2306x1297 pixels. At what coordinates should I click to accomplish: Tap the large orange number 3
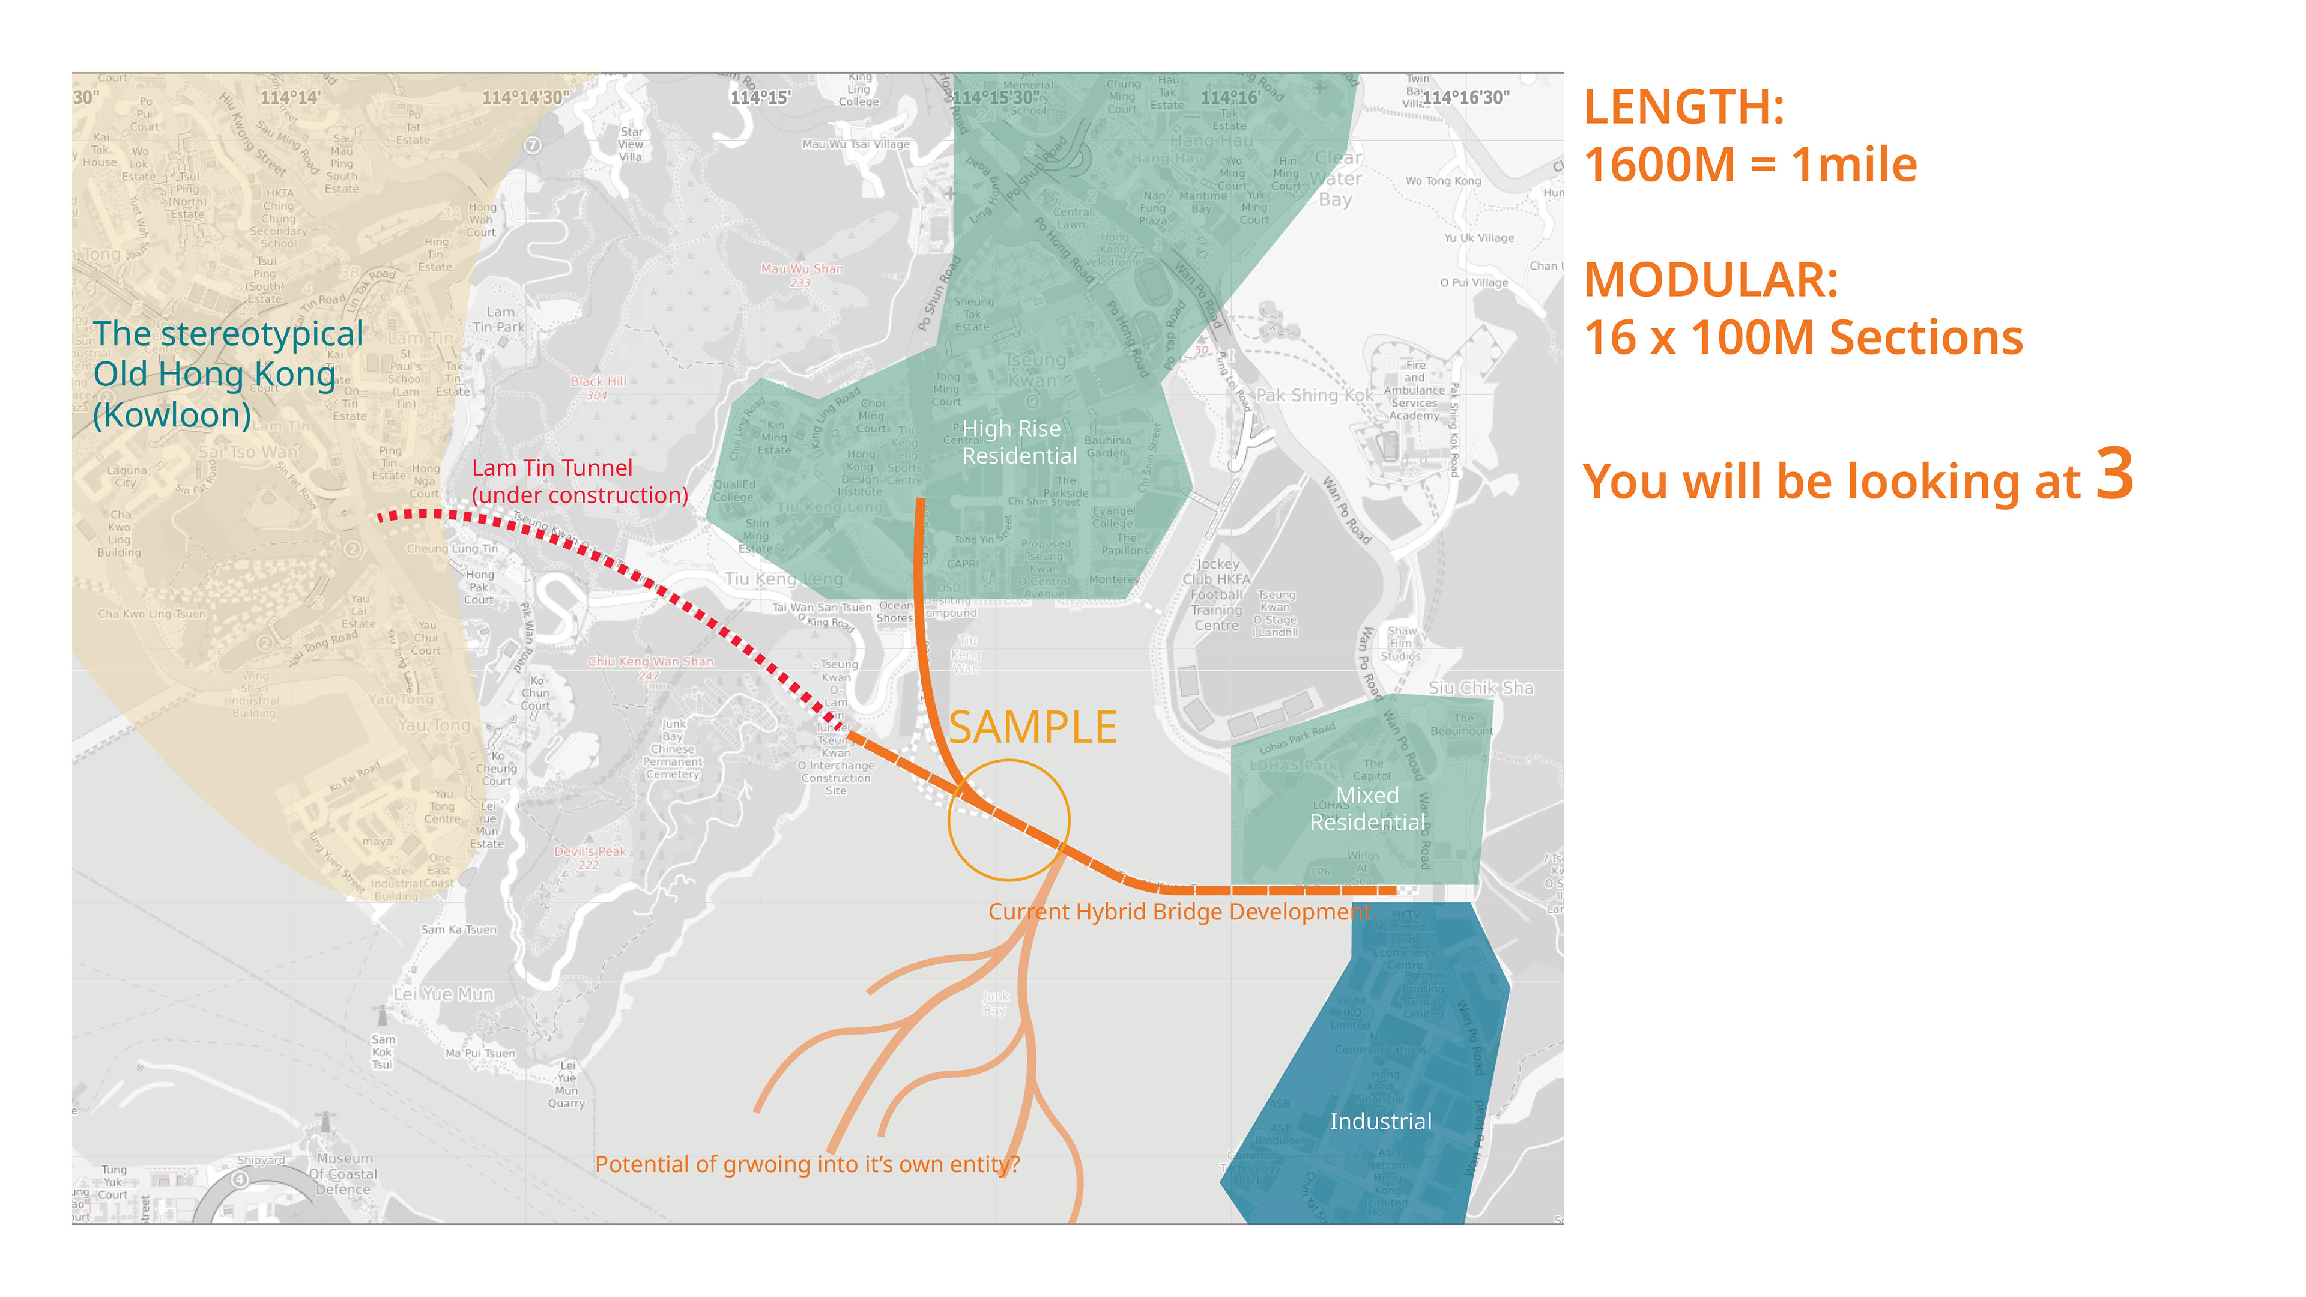[x=2114, y=474]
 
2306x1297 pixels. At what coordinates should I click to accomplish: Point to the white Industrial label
[x=1381, y=1122]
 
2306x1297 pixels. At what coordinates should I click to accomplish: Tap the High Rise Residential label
[x=1018, y=442]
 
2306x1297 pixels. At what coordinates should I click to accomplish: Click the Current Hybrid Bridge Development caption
[x=1179, y=912]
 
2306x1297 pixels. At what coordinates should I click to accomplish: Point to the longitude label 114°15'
[x=760, y=97]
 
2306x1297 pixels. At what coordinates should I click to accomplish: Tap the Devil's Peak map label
[x=590, y=852]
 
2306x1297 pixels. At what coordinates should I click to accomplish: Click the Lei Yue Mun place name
[x=443, y=994]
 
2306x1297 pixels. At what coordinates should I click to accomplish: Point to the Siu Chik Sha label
[x=1481, y=688]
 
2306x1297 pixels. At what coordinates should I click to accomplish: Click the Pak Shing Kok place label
[x=1314, y=396]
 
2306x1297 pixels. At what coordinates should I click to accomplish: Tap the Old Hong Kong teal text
[x=215, y=374]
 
